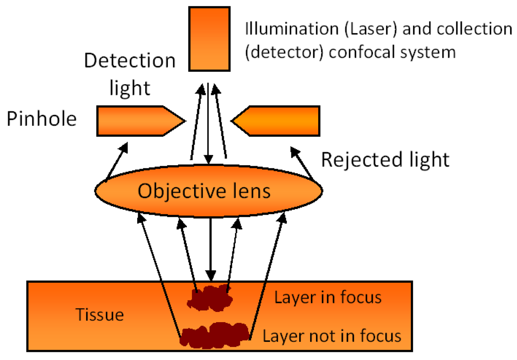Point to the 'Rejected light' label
tap(385, 160)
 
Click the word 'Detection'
tap(130, 61)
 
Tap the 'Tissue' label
tap(99, 315)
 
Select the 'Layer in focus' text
tap(328, 298)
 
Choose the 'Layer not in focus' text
tap(332, 336)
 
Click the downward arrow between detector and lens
tap(208, 123)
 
